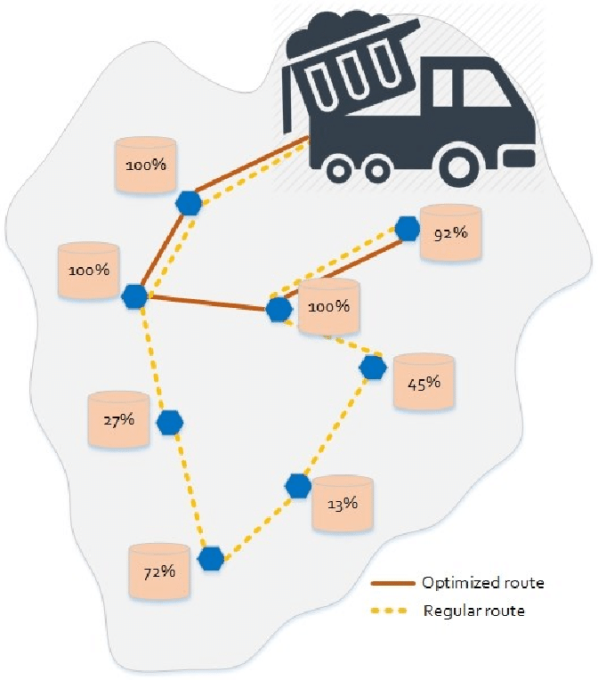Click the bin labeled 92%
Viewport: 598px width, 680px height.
point(450,233)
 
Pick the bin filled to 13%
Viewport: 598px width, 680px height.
point(343,503)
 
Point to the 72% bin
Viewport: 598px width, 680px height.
point(158,571)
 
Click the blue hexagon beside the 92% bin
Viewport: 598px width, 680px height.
point(408,229)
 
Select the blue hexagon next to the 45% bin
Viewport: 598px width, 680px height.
point(373,366)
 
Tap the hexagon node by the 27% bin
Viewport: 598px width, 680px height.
point(170,422)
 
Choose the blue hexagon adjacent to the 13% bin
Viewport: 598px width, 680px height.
point(298,486)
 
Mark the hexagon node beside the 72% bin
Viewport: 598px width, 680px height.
point(211,559)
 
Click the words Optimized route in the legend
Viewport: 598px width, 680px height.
point(483,584)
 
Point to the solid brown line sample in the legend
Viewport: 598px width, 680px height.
point(392,584)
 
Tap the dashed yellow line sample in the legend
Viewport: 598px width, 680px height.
point(392,611)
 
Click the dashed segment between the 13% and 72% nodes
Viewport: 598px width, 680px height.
point(255,522)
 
